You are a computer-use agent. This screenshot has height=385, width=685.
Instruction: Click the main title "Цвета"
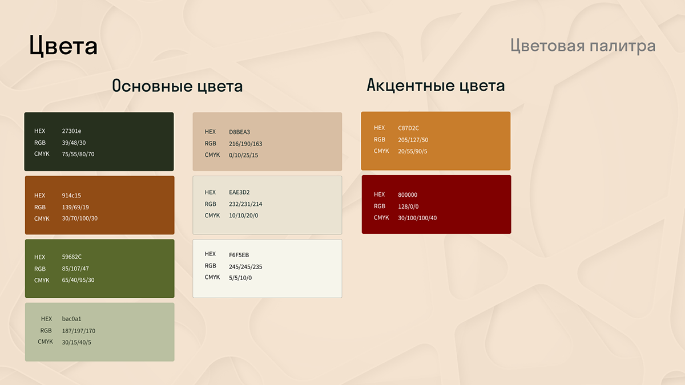click(63, 46)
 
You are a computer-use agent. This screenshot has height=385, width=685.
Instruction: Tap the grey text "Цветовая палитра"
click(583, 46)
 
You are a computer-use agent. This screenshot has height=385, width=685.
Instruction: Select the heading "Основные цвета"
click(178, 86)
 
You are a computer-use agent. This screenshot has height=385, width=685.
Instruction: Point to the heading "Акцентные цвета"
click(436, 85)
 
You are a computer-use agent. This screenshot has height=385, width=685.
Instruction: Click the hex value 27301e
click(71, 131)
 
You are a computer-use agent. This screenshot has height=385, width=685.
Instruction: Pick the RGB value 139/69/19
click(75, 207)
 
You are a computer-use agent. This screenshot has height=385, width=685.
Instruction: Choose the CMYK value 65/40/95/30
click(78, 280)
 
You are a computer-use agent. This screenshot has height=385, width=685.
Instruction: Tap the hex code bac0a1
click(71, 319)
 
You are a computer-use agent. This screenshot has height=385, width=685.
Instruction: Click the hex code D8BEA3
click(239, 132)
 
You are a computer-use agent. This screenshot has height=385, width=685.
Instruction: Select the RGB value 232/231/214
click(245, 204)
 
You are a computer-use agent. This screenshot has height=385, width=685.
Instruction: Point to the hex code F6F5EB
click(239, 255)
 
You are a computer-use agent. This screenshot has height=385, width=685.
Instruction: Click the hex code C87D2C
click(408, 128)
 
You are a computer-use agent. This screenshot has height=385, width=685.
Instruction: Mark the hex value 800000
click(408, 195)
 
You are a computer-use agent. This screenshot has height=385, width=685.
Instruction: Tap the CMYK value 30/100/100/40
click(417, 218)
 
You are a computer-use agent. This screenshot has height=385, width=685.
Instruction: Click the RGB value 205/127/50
click(413, 140)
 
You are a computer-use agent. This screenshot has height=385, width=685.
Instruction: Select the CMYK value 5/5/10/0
click(240, 278)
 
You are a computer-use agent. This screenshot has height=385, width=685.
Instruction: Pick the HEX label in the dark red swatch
click(379, 194)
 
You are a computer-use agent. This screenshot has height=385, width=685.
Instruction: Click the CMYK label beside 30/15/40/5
click(45, 342)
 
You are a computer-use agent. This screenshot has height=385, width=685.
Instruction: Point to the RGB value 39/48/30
click(74, 143)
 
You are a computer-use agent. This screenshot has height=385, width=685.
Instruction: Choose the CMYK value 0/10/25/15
click(243, 155)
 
